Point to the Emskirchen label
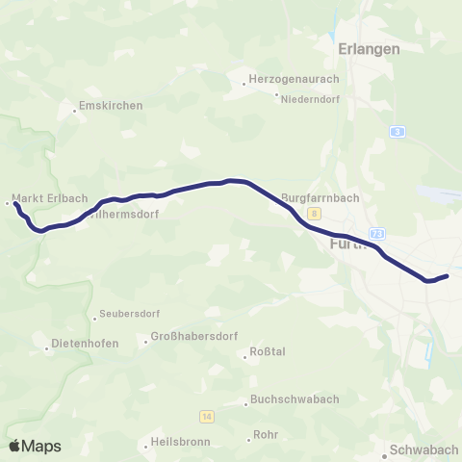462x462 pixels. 111,106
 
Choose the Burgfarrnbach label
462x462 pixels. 321,199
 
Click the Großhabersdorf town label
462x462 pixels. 193,338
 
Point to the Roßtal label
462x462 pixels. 268,351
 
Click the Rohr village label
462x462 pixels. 265,435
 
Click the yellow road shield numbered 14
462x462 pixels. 207,416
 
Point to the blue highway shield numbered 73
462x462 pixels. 377,233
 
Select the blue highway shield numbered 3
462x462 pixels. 397,131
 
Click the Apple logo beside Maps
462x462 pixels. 15,446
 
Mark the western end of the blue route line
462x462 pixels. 16,204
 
